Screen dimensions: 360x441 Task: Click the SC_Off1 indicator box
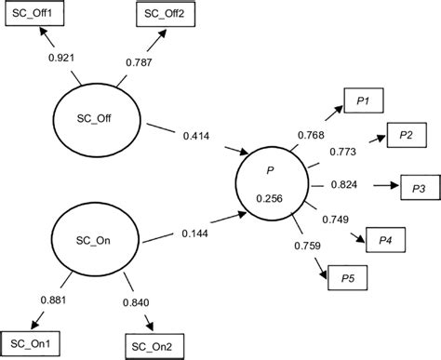click(x=32, y=16)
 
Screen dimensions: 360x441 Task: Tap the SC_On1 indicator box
click(x=31, y=343)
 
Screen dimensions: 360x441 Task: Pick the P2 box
click(x=407, y=136)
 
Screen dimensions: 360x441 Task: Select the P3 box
click(x=418, y=187)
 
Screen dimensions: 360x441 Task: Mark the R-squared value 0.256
click(x=270, y=197)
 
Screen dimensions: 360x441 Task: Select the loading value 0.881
click(x=55, y=300)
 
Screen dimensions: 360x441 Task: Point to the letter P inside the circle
click(x=270, y=171)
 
